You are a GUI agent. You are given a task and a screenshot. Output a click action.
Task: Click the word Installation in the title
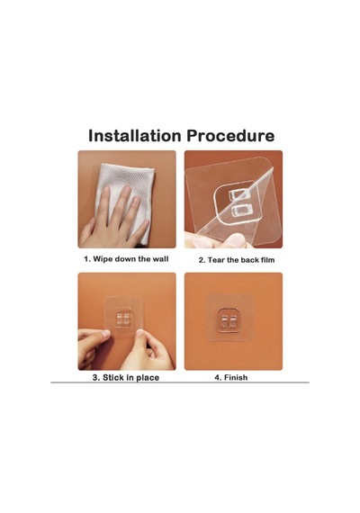pos(134,135)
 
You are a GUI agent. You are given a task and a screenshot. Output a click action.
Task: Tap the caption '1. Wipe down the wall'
pos(126,259)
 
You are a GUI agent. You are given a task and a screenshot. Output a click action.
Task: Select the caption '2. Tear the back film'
pos(237,260)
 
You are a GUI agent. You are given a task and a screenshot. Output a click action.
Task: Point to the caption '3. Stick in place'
pos(126,378)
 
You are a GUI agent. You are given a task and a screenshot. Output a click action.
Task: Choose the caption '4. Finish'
pos(231,378)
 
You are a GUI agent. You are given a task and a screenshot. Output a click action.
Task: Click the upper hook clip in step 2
pos(239,195)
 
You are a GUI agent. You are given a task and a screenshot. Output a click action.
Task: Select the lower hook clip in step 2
pos(242,210)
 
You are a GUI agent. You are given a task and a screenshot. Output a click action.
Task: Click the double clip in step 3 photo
pos(123,318)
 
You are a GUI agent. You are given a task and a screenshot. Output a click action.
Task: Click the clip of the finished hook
pos(229,322)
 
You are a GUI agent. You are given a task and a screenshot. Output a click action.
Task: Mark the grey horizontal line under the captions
pos(180,382)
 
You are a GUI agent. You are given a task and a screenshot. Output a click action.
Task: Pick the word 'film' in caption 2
pos(267,260)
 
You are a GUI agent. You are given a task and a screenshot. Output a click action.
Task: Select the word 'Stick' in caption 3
pos(113,378)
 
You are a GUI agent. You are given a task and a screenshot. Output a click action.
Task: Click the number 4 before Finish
pos(217,378)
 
